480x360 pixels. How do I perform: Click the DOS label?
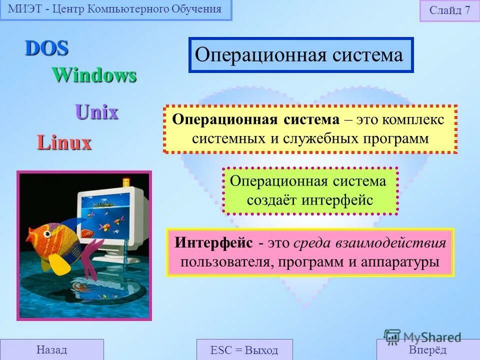(x=46, y=48)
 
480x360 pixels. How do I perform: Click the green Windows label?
(x=94, y=75)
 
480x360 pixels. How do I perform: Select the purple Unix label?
(x=96, y=112)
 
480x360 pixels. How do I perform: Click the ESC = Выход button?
(x=244, y=349)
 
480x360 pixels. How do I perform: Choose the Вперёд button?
(x=427, y=349)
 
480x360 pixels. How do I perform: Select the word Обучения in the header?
(x=196, y=9)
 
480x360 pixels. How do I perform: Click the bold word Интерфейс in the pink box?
(x=214, y=243)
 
